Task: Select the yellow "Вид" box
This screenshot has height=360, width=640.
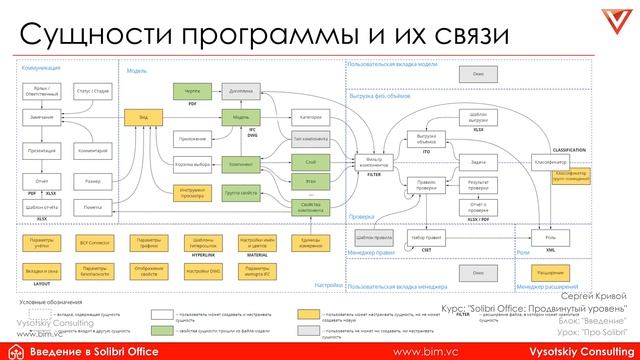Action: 144,116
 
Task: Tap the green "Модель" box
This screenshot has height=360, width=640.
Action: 240,116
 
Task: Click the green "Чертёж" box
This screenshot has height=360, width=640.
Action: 193,90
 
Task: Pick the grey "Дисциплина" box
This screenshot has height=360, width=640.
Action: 240,90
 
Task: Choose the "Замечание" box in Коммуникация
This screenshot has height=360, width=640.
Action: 41,116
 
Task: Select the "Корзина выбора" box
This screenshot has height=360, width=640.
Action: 193,161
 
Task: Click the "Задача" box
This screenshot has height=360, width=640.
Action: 478,160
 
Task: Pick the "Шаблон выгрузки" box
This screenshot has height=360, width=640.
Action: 478,116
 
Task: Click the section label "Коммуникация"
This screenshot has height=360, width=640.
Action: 41,67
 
